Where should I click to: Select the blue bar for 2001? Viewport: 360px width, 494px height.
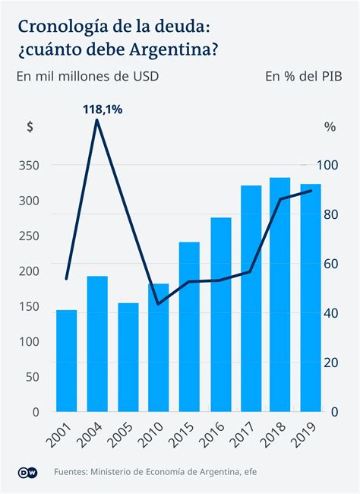tap(66, 360)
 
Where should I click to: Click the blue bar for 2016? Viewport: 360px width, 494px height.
tap(220, 315)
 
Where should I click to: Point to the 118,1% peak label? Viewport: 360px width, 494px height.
tap(103, 110)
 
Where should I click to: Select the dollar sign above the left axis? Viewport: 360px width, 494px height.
tap(30, 127)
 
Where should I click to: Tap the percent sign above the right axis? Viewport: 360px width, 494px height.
tap(330, 127)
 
